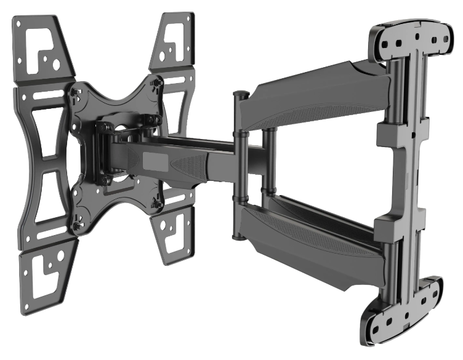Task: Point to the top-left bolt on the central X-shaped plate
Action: coord(77,93)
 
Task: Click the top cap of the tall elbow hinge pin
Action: coord(240,94)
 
